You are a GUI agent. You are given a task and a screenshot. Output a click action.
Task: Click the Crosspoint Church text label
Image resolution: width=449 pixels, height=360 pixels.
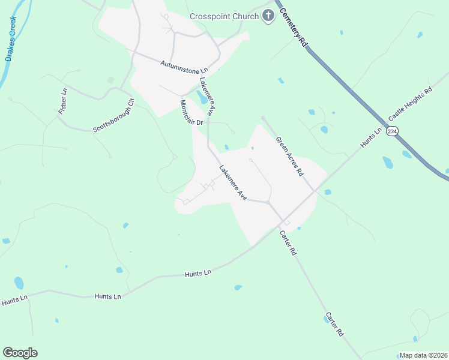(x=224, y=16)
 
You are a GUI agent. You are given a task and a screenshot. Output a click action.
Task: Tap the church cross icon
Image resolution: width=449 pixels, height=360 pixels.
(x=267, y=16)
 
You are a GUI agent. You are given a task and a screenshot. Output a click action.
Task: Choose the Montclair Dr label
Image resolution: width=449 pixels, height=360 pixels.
(x=193, y=113)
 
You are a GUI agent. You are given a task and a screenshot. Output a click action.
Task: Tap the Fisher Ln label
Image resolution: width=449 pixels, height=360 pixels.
(x=63, y=102)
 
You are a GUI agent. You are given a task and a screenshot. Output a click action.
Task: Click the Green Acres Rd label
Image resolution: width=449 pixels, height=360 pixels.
(x=290, y=156)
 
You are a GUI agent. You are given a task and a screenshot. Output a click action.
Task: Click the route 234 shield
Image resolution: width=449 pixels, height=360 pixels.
(x=392, y=131)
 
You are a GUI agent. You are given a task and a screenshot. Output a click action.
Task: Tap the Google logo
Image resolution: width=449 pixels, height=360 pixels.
(x=20, y=353)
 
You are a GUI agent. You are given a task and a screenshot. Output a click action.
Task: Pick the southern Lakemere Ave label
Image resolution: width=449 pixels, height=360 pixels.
(x=233, y=182)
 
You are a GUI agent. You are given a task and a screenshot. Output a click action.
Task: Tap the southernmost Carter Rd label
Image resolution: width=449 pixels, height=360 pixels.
(x=335, y=324)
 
